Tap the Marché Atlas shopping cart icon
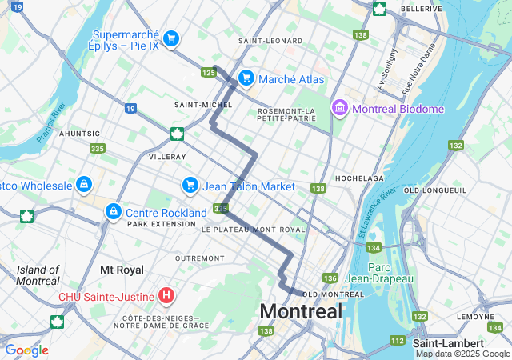(246, 78)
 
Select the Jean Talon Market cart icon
(190, 186)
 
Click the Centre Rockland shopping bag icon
(114, 212)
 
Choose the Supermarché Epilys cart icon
(170, 38)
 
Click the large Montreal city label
(301, 311)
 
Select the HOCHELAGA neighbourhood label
(359, 178)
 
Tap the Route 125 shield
(210, 73)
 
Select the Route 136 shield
(330, 278)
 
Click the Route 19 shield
(130, 108)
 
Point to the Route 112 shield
(398, 340)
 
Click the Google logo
(26, 350)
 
